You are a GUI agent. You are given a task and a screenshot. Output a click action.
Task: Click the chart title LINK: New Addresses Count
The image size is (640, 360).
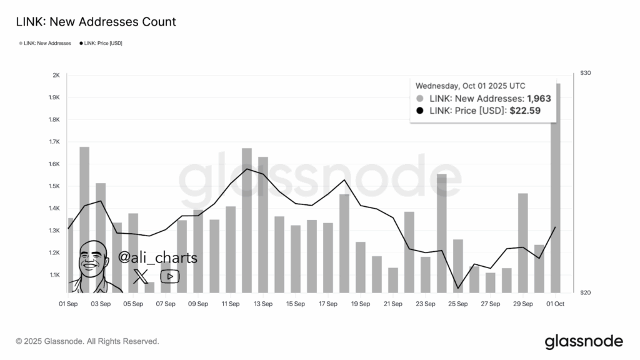[96, 22]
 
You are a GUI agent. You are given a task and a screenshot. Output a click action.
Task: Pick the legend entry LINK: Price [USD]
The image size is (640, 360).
[101, 42]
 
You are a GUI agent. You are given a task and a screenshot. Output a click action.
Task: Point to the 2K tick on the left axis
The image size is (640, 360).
[56, 76]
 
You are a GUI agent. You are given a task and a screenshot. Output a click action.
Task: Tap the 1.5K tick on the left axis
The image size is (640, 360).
[54, 186]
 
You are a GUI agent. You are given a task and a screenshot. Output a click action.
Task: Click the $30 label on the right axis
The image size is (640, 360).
[586, 73]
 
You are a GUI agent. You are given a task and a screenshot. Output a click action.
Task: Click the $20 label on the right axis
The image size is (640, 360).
[586, 292]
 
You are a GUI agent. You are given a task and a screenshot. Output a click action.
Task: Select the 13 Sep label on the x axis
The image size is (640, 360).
[262, 304]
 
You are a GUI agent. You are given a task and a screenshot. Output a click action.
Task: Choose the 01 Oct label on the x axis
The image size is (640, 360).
[556, 304]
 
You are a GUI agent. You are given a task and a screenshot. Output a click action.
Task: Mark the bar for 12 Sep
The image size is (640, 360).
[247, 219]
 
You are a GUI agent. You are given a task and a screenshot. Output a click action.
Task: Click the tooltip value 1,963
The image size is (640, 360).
[539, 99]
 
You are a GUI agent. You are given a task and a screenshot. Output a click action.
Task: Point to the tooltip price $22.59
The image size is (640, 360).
[525, 111]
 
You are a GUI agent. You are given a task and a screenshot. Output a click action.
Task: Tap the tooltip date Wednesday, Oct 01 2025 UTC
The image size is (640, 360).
[470, 86]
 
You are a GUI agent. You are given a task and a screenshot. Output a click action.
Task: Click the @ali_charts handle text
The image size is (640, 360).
[157, 258]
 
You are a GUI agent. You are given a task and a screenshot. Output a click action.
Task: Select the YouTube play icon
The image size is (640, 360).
[169, 276]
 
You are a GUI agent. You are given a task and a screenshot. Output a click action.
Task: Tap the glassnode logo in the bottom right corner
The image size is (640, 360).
[584, 341]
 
